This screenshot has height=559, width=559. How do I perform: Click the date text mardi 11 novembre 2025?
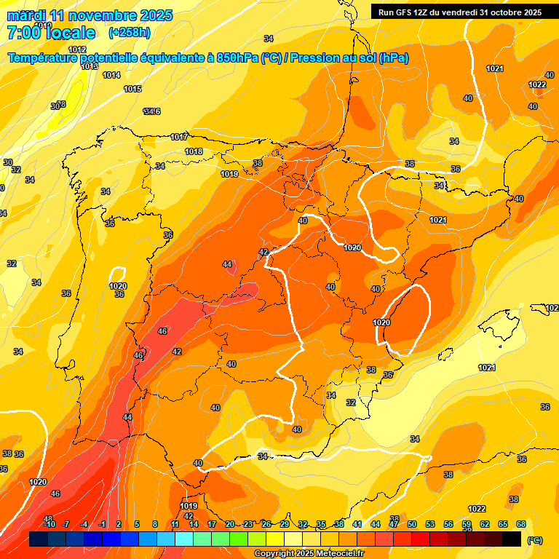coord(90,15)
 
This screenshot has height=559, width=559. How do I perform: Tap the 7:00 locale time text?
coord(50,33)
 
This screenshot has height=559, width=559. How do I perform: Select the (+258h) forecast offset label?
coord(129,33)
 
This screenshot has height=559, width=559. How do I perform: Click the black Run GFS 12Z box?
coord(459,12)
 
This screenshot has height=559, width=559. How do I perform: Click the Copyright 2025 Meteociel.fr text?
coord(309,554)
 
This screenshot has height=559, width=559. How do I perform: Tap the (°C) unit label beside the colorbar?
coord(535,540)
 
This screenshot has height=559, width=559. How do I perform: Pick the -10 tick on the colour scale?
coord(49,524)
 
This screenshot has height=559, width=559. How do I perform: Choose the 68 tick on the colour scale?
coord(521,524)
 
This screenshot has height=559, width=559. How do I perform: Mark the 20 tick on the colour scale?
coord(230,524)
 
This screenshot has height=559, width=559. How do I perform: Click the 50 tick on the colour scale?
coord(412,524)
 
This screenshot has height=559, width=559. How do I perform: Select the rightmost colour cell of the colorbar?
coord(512,539)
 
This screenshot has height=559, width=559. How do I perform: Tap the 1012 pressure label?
coord(78,49)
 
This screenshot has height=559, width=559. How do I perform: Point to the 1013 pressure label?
coord(90,66)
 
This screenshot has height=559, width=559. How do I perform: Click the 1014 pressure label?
coord(111,75)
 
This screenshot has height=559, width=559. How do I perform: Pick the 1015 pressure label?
coord(132,89)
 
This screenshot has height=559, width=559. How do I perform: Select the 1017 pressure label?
coord(179,137)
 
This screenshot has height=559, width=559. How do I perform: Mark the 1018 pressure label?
coord(194,151)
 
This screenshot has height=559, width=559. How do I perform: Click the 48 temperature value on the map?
coord(48,518)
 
